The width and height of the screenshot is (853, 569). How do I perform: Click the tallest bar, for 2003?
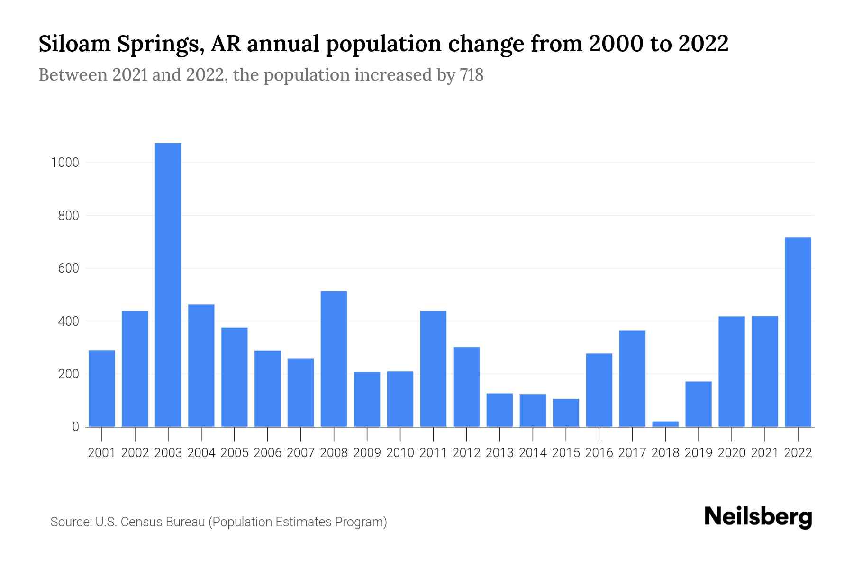coord(168,284)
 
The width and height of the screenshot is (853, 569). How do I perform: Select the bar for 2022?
coord(798,332)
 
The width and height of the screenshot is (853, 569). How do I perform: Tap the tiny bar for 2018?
coord(665,424)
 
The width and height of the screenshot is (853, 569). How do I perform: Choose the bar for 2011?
coord(433,369)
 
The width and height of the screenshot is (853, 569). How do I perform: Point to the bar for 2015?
coord(566,413)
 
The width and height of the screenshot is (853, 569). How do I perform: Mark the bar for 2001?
coord(102,389)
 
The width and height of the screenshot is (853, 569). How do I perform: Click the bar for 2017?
coord(632,379)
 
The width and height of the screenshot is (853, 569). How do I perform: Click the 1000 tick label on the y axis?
coord(65,163)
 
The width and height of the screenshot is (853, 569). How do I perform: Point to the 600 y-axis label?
coord(69,269)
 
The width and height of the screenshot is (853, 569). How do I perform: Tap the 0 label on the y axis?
coord(75,427)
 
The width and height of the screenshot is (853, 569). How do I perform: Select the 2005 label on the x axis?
coord(235,453)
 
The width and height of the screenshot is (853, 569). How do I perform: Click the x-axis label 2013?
coord(499,453)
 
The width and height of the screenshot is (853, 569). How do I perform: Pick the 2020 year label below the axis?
coord(732,453)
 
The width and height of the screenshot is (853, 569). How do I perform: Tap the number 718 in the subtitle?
coord(472,75)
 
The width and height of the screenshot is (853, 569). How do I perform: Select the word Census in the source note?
coord(139,522)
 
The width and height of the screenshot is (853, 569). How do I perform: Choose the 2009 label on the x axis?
coord(367,453)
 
